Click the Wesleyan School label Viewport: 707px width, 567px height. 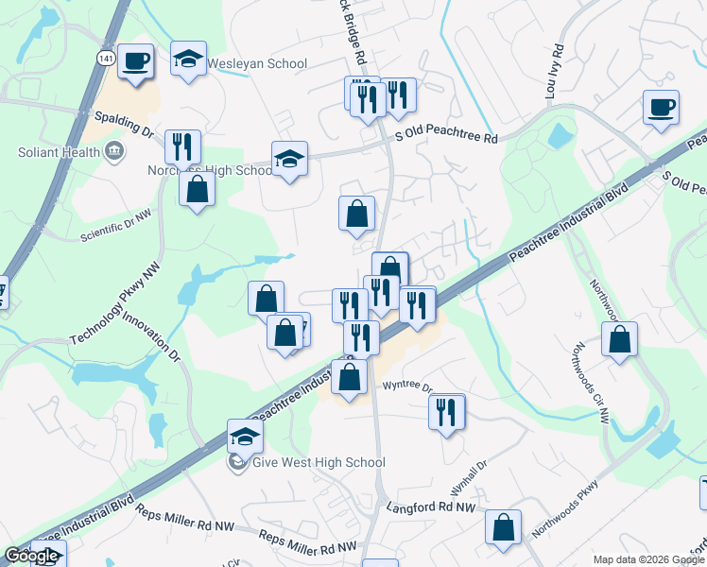[x=257, y=64]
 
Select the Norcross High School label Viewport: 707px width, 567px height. [x=210, y=171]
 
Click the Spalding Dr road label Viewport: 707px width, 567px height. [x=124, y=124]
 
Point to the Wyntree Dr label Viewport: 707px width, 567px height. [x=406, y=387]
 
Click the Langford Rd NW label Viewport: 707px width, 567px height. [x=430, y=507]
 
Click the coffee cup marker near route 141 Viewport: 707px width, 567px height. [x=136, y=60]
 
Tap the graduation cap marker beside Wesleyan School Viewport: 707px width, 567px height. [x=189, y=59]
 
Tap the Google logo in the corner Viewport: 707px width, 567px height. [x=31, y=556]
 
